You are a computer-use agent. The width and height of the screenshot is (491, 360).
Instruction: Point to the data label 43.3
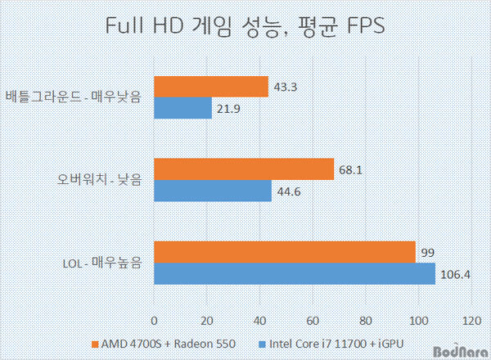[285, 87]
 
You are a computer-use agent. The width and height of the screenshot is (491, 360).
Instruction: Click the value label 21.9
[228, 108]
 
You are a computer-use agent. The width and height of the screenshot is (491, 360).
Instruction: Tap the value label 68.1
[350, 169]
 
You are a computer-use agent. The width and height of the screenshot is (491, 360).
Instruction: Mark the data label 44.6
[288, 191]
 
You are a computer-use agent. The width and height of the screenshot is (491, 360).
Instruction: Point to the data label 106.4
[455, 274]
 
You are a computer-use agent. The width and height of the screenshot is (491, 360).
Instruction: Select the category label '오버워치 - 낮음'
[97, 180]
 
